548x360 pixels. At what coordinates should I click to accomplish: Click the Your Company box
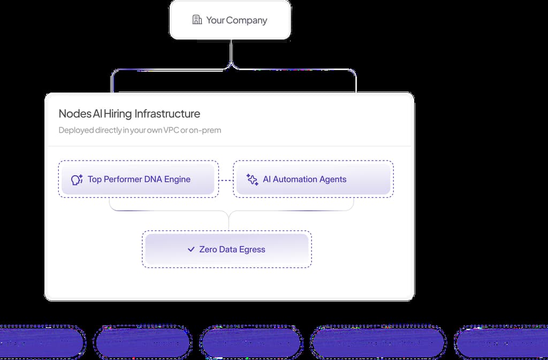click(x=230, y=20)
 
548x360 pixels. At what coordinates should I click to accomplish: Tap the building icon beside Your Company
click(x=197, y=20)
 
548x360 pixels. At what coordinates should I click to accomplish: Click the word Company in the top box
click(x=247, y=20)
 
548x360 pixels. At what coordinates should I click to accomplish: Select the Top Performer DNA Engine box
click(x=138, y=179)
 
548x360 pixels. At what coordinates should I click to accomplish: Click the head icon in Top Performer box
click(x=77, y=180)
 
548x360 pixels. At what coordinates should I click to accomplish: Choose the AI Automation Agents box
click(x=313, y=179)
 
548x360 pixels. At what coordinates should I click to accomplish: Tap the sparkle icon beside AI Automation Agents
click(x=253, y=180)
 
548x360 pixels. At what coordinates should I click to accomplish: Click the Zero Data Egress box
click(x=227, y=249)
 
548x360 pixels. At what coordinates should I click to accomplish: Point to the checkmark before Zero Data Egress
click(x=191, y=249)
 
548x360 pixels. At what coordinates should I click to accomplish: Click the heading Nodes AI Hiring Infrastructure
click(x=129, y=113)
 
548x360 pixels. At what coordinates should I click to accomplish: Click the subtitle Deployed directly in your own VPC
click(x=140, y=130)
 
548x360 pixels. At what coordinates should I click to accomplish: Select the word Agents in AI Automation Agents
click(x=332, y=179)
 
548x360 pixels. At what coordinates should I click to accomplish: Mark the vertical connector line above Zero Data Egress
click(x=229, y=220)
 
